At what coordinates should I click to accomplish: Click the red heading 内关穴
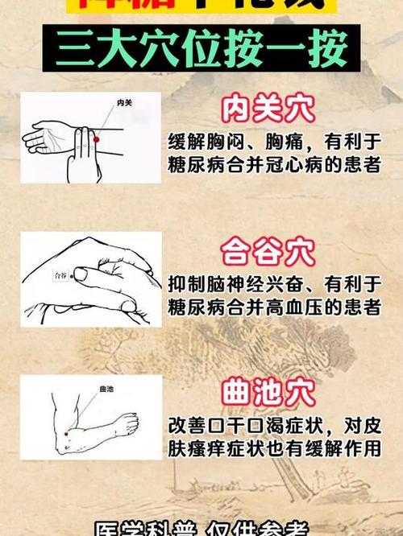pyautogui.click(x=268, y=110)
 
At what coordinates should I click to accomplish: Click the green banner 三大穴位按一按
pyautogui.click(x=201, y=49)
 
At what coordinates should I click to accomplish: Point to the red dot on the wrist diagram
pyautogui.click(x=96, y=140)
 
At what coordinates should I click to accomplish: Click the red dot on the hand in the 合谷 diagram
pyautogui.click(x=81, y=276)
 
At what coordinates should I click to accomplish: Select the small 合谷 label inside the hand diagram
pyautogui.click(x=60, y=275)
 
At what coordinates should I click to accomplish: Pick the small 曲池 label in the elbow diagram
pyautogui.click(x=106, y=389)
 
